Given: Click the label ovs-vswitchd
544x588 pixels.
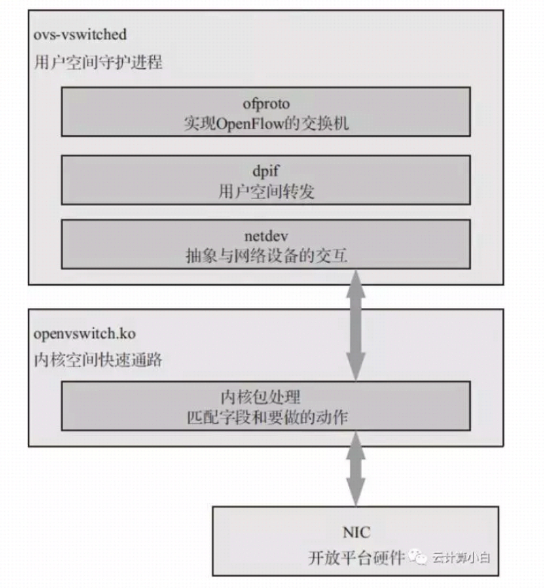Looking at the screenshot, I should tap(70, 33).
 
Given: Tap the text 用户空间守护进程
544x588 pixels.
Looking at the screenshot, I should tap(98, 63).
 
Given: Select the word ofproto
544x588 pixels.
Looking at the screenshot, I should tap(266, 104).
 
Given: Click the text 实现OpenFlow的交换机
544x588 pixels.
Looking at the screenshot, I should tap(266, 124).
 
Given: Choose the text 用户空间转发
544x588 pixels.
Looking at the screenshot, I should tap(266, 192).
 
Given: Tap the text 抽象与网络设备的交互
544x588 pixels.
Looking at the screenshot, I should tap(266, 256).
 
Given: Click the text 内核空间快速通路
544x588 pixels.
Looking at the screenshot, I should tap(98, 360).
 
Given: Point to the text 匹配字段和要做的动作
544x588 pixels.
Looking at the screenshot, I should tap(266, 417).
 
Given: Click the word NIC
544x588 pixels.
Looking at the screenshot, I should tap(357, 531).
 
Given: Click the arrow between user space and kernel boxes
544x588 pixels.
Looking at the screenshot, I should tap(356, 324).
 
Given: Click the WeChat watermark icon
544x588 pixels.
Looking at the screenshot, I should tap(420, 557).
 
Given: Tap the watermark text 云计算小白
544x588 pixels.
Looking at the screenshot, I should tap(462, 558).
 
